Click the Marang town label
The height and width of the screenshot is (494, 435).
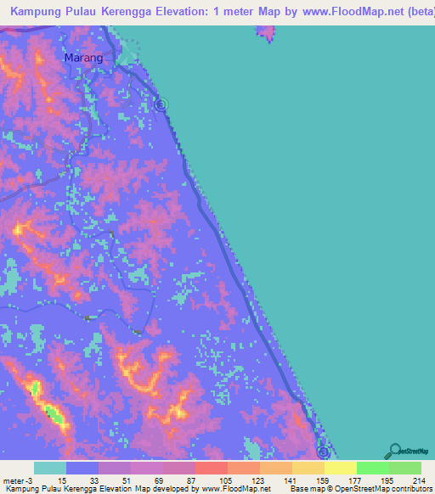pos(83,58)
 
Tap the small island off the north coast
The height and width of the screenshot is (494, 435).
pos(266,33)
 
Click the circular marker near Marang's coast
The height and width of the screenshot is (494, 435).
pos(161,104)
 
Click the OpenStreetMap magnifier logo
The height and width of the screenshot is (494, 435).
pos(393,452)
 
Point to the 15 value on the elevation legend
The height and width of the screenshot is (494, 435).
pos(50,480)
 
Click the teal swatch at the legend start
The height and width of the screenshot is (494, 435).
pos(50,468)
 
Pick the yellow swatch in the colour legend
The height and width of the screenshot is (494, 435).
pos(341,468)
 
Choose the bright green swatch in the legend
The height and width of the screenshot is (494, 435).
pos(373,468)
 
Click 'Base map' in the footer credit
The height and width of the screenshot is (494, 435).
pos(307,489)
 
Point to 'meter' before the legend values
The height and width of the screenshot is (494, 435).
pos(14,480)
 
